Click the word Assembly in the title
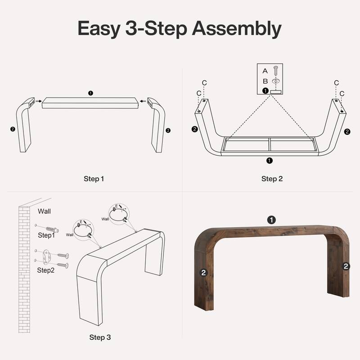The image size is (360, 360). pos(237,29)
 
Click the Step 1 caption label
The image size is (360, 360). pos(94,179)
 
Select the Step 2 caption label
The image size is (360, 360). pos(272,179)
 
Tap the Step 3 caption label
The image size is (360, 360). pos(100,337)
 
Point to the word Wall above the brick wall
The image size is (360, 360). pos(44,211)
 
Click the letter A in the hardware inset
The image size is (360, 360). pos(265,71)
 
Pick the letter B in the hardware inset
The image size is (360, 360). pos(265,81)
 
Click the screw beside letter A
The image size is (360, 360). pos(275,70)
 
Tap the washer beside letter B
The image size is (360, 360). pos(275,81)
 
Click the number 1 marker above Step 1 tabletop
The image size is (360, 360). pos(90,93)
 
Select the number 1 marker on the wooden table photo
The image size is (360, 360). pos(271,220)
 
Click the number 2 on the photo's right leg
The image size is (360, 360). pos(346,266)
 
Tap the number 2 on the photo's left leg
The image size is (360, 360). pos(203,272)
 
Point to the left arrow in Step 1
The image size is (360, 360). pos(39,101)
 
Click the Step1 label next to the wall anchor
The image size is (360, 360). pos(45,235)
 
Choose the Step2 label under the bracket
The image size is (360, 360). pos(45,270)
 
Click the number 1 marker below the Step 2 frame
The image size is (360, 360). pos(269,160)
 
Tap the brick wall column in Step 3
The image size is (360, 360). pos(24,270)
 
